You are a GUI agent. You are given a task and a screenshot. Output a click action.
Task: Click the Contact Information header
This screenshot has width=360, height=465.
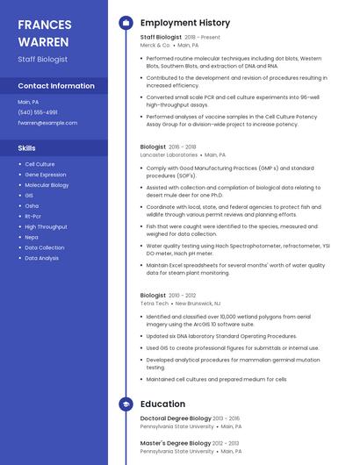(56, 86)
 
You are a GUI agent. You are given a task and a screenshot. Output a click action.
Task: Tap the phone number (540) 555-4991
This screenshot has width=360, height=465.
(38, 112)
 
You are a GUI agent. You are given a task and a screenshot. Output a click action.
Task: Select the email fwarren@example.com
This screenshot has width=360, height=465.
(47, 123)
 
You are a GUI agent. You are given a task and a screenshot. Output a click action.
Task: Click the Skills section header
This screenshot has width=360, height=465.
(26, 148)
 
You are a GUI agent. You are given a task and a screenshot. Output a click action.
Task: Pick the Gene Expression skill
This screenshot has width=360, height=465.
(45, 175)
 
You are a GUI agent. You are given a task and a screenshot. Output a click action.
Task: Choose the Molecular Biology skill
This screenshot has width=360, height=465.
(47, 185)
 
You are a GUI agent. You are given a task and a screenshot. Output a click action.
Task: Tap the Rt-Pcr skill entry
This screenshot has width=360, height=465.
(33, 216)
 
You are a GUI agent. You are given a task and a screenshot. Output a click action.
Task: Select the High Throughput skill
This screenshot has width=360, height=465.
(46, 226)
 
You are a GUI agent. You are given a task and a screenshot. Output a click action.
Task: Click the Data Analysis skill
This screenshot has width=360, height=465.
(41, 258)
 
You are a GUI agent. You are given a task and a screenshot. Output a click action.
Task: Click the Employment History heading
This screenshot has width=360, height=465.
(185, 23)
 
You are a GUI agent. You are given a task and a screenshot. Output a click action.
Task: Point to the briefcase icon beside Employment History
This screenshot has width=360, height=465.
(126, 23)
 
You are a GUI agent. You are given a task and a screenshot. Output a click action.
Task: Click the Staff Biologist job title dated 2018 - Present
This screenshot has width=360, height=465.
(161, 38)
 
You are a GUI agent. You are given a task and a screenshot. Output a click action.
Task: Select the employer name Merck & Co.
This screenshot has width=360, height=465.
(155, 45)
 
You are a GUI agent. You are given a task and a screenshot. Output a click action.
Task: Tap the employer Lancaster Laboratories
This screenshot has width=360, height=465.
(169, 154)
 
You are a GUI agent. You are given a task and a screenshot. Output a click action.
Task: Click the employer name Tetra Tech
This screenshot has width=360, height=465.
(154, 303)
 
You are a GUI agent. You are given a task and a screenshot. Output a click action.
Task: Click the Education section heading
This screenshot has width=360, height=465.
(162, 404)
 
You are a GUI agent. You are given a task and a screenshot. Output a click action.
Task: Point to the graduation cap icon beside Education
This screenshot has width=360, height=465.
(126, 404)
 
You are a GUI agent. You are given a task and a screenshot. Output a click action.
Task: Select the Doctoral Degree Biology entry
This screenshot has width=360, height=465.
(176, 418)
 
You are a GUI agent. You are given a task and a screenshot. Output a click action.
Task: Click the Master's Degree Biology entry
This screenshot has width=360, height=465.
(176, 443)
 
